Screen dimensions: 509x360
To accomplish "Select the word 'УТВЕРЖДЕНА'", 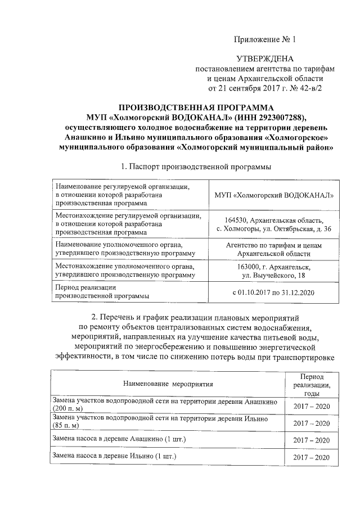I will [x=264, y=59].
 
